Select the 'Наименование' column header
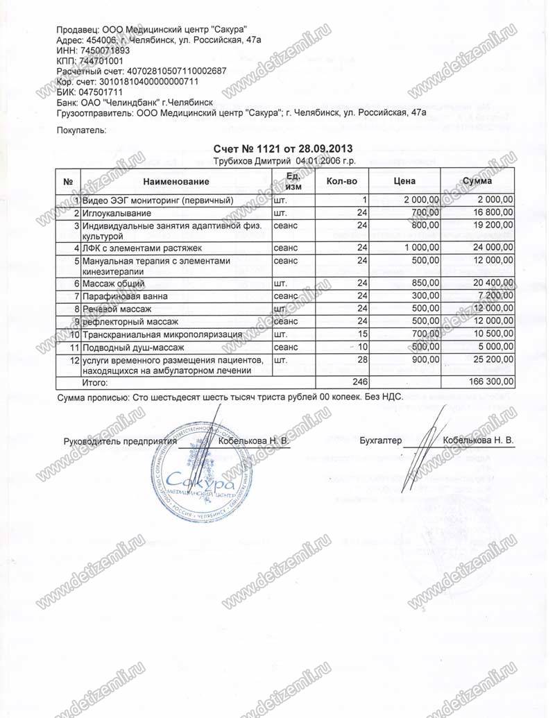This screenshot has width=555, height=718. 176,181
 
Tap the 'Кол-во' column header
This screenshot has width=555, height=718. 342,181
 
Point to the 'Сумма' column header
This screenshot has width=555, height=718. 477,181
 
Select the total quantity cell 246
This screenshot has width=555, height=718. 357,382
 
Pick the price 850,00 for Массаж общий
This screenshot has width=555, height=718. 425,283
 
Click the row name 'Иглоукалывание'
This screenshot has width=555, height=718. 115,212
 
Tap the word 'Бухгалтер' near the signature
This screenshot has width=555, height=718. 381,441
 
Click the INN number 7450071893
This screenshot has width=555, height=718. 106,51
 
